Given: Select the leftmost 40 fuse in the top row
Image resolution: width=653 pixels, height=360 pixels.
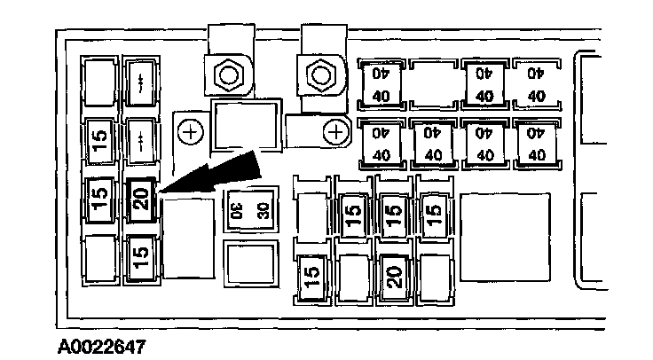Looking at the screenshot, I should (382, 83).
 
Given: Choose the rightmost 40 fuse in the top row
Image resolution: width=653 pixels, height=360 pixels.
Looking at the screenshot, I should (536, 83).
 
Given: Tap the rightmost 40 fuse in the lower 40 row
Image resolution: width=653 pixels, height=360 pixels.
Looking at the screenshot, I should (536, 143).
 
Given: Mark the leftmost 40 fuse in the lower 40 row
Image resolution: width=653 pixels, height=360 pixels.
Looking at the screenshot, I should (382, 143).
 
